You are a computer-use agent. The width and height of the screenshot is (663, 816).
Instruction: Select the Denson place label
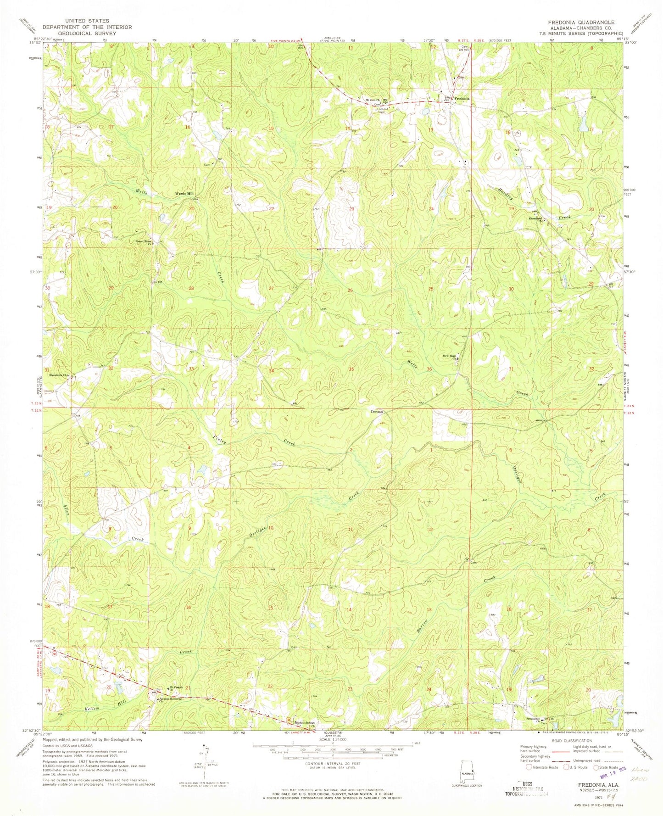pyautogui.click(x=378, y=412)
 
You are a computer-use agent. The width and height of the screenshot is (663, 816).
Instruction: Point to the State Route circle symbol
pyautogui.click(x=596, y=767)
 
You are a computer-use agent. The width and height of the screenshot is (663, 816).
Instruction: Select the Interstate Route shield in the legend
pyautogui.click(x=529, y=766)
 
